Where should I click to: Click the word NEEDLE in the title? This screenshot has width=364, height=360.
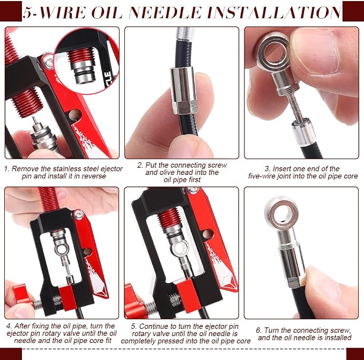point(165,12)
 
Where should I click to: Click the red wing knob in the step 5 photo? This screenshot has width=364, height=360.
point(134,302)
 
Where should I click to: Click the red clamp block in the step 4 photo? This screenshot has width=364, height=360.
point(68,298)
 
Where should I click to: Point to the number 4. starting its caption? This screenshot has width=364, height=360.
point(9,326)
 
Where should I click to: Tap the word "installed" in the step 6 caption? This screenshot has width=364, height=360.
point(338,337)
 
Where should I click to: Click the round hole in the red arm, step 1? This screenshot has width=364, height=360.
point(75,115)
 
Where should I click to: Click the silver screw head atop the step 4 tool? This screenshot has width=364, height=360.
point(78,215)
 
